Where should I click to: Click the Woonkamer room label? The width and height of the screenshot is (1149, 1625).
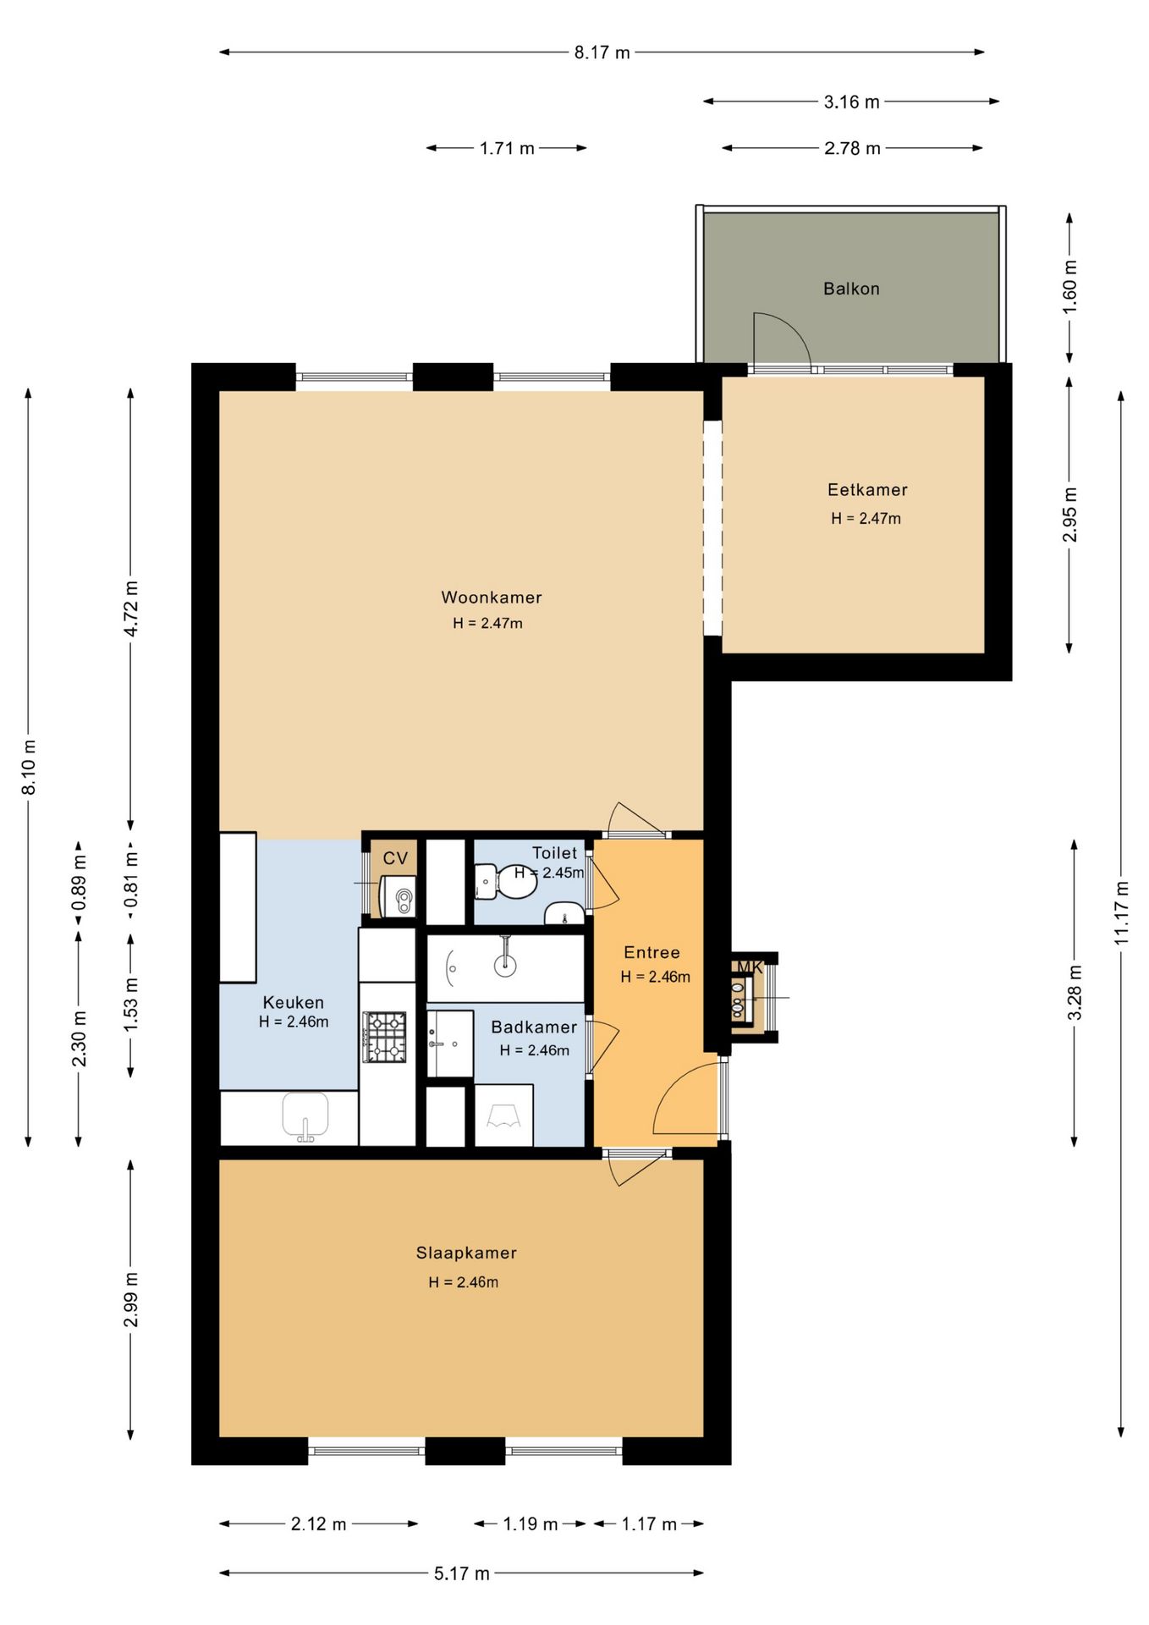pyautogui.click(x=492, y=598)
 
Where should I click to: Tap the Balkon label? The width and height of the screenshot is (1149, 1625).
pyautogui.click(x=851, y=289)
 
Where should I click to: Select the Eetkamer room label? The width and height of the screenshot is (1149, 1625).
pyautogui.click(x=867, y=490)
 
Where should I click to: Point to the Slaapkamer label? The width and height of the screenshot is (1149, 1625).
pyautogui.click(x=466, y=1253)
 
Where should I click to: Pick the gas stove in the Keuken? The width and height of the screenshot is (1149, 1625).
pyautogui.click(x=385, y=1037)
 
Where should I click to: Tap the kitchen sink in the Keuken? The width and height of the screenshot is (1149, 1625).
pyautogui.click(x=305, y=1116)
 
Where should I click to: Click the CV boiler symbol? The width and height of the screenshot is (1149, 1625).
pyautogui.click(x=399, y=896)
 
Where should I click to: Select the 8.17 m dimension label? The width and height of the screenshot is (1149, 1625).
pyautogui.click(x=602, y=52)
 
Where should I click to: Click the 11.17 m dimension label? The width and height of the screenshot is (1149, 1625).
pyautogui.click(x=1121, y=913)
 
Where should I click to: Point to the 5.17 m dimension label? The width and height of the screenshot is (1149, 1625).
pyautogui.click(x=462, y=1573)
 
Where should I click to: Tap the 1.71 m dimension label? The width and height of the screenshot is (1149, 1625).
pyautogui.click(x=507, y=148)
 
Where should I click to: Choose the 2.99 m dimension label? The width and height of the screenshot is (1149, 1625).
pyautogui.click(x=130, y=1300)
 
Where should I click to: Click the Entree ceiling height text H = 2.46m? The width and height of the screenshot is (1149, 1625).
pyautogui.click(x=656, y=977)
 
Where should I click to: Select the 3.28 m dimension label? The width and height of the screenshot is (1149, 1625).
pyautogui.click(x=1075, y=993)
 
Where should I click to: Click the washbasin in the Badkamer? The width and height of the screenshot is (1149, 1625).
pyautogui.click(x=449, y=1044)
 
